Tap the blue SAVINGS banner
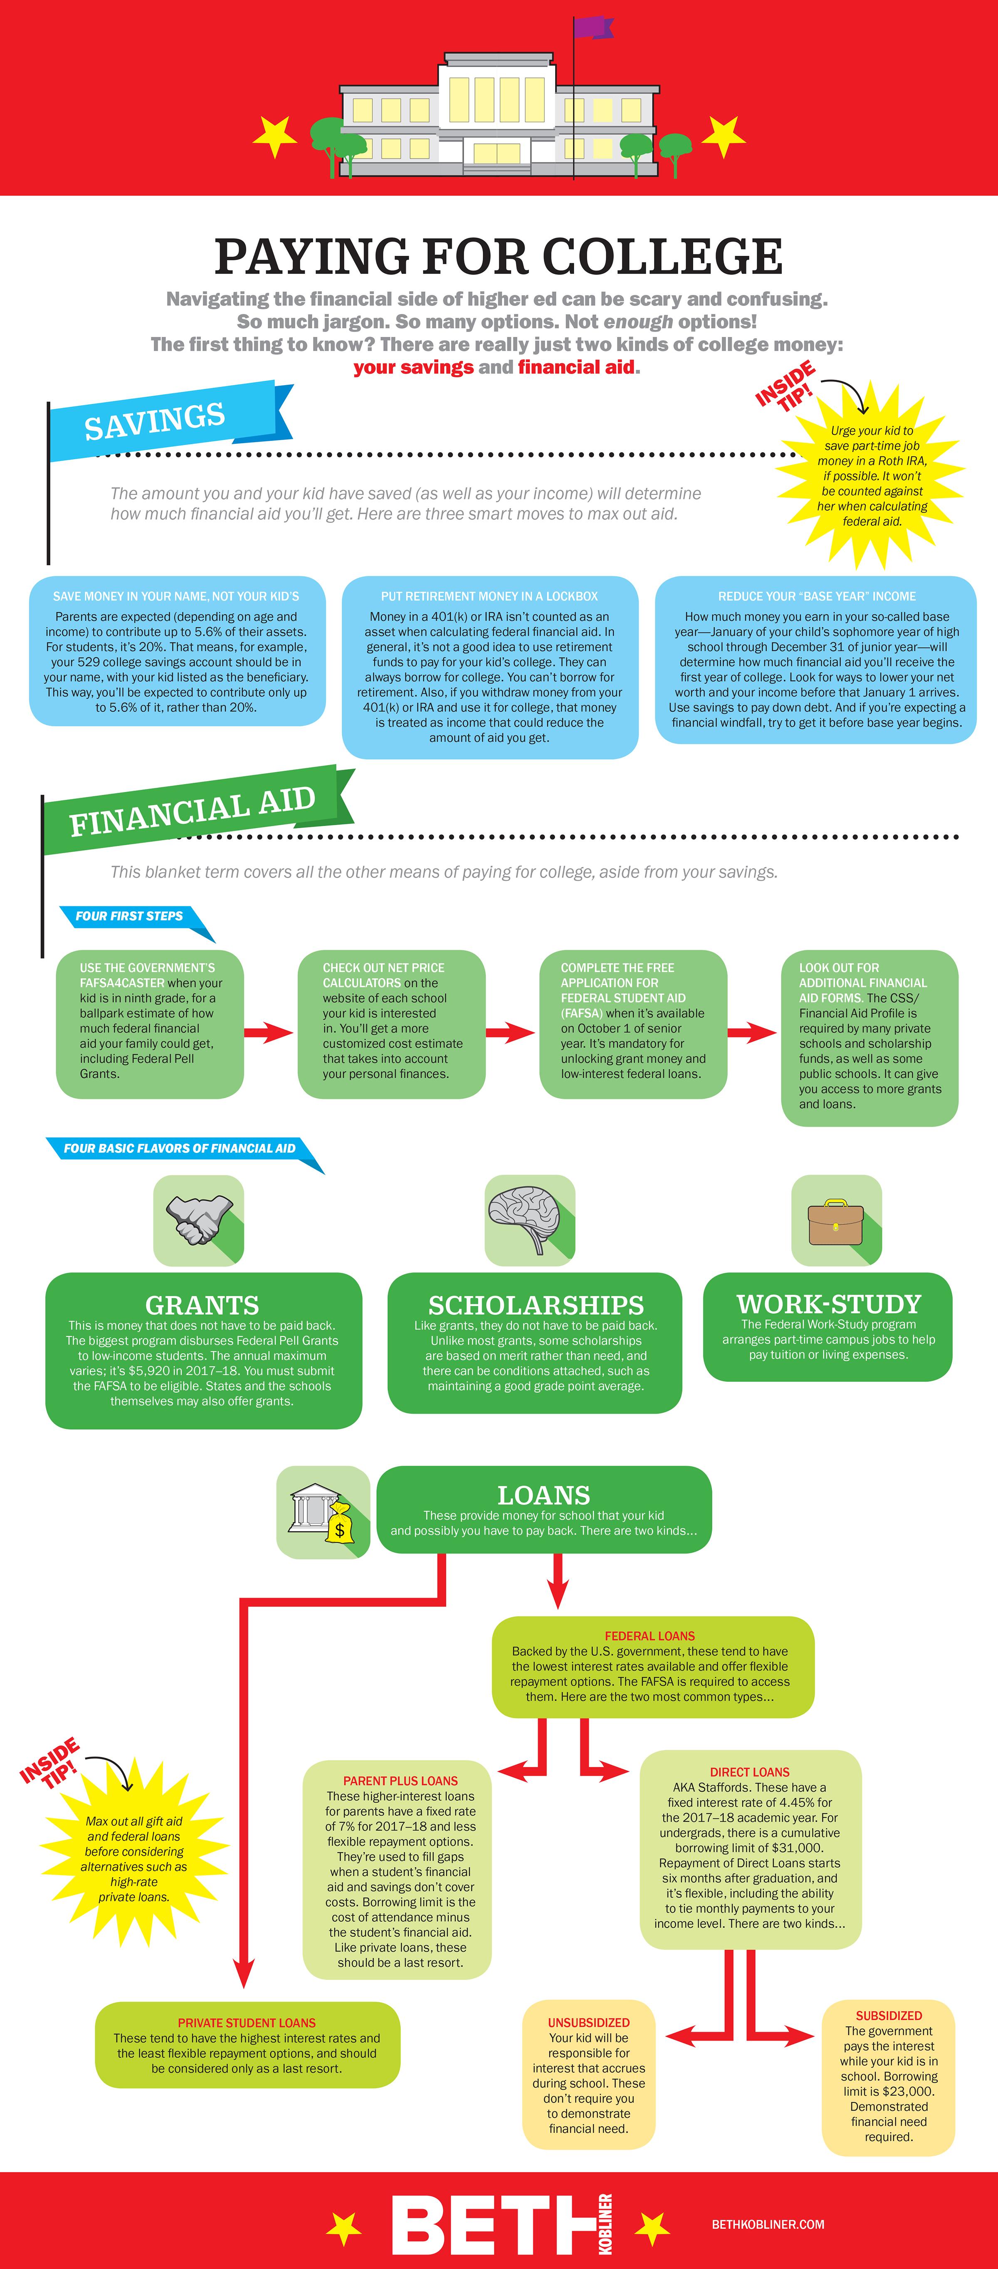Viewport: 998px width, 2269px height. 167,421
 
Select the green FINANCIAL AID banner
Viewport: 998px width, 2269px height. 194,810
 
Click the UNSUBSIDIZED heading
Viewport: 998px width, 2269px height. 588,2022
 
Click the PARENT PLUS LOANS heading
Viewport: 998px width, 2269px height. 401,1780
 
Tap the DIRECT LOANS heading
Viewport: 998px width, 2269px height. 750,1772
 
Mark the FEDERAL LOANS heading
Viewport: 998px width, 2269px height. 650,1636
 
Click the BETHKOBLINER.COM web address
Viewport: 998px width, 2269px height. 768,2224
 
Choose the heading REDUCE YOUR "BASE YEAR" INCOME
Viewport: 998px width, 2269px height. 817,596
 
